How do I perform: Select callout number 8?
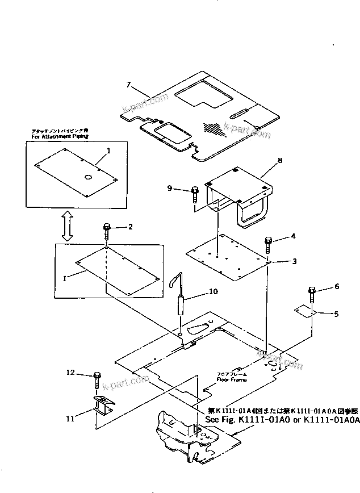point(279,161)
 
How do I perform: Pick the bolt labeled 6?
point(312,294)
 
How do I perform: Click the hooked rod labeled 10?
point(181,298)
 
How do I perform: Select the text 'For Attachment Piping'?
point(60,137)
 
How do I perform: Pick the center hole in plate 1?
point(88,177)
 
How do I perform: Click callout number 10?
point(213,292)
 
